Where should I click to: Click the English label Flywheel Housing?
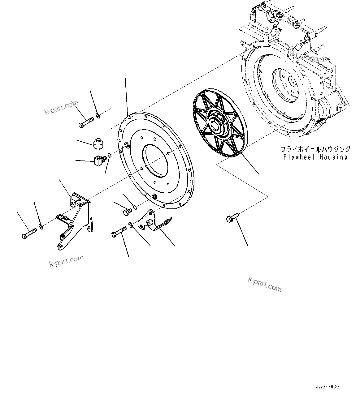click(315, 157)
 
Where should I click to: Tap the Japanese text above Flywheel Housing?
click(315, 149)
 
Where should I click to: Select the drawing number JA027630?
click(327, 387)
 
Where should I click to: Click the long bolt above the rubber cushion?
click(86, 122)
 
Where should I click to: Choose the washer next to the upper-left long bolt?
click(98, 116)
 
